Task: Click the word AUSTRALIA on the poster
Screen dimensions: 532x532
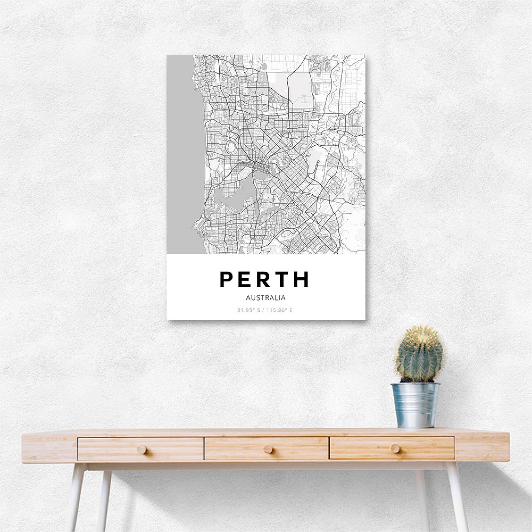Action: click(266, 298)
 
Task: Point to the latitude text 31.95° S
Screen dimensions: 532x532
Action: click(248, 310)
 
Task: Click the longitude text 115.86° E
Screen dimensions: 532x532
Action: click(279, 310)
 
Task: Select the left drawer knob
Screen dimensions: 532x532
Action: click(141, 450)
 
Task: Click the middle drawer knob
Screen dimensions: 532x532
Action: click(267, 449)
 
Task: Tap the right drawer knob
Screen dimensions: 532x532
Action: click(394, 448)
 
